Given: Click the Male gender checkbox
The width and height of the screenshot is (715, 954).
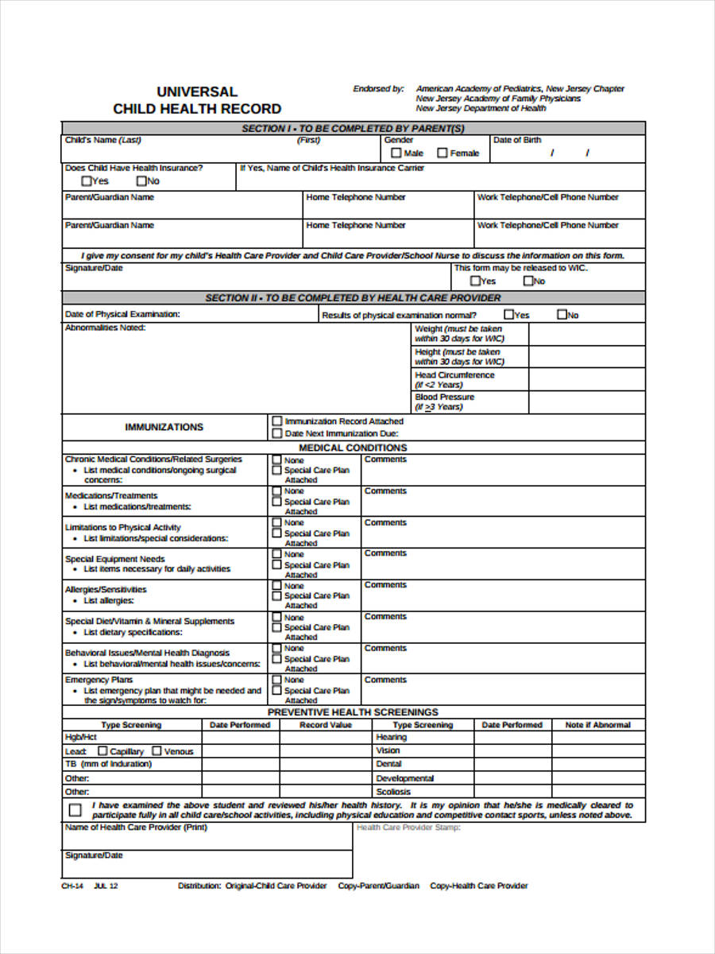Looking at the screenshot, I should (395, 153).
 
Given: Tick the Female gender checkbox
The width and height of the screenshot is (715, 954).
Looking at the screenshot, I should (442, 153).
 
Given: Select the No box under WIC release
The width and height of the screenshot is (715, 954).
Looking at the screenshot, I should (527, 281).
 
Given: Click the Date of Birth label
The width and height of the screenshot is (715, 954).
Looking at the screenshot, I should (516, 140).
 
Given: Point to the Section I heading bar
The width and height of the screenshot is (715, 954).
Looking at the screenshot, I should (354, 128).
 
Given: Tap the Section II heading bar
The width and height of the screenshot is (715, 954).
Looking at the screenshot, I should (354, 297).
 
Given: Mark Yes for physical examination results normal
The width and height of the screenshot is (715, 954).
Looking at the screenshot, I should (508, 315).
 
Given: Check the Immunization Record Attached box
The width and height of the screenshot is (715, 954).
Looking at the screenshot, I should (276, 421).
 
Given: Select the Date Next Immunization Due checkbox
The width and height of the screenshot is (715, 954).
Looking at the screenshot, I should (276, 433).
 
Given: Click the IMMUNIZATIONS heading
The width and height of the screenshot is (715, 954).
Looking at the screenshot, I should (164, 427).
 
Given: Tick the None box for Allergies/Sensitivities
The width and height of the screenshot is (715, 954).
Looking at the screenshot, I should (276, 585).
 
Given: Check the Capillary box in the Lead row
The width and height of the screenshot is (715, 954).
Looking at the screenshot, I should (102, 750).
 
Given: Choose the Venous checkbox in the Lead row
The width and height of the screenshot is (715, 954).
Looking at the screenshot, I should (157, 750).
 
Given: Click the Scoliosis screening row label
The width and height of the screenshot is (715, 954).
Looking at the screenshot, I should (393, 792).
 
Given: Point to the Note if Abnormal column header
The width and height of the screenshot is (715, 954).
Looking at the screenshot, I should (597, 725).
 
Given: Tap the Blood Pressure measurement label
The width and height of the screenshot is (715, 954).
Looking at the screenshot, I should (444, 397).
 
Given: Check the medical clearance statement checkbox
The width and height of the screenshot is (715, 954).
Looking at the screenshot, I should (75, 810).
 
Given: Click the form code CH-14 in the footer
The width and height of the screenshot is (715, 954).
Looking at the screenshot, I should (72, 886).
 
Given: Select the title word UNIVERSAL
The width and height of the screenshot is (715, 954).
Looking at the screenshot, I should (197, 92).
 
